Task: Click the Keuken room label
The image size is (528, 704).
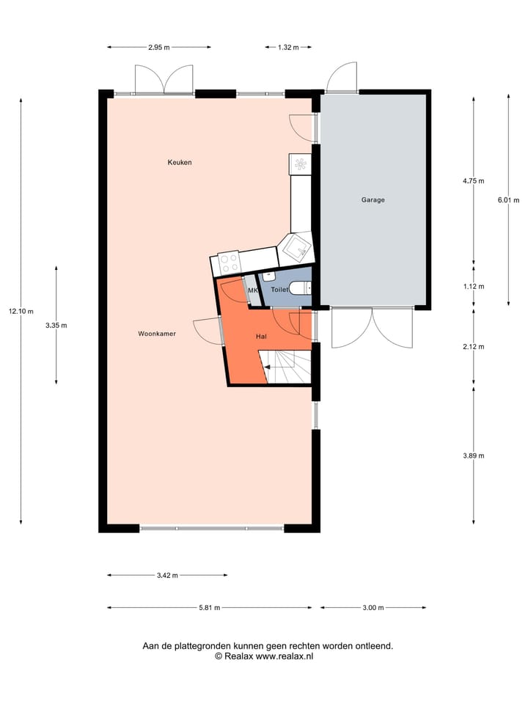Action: [x=180, y=162]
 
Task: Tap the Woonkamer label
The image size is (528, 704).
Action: [x=157, y=333]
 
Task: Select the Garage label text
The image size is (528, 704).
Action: [x=373, y=199]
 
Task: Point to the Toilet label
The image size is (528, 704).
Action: [x=279, y=290]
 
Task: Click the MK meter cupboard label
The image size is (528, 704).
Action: [x=253, y=291]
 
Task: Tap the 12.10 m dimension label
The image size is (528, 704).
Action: [x=21, y=311]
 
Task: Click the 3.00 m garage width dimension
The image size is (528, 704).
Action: [x=373, y=607]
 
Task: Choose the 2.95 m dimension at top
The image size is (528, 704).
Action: [x=158, y=47]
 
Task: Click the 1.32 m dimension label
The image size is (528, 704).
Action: [x=287, y=47]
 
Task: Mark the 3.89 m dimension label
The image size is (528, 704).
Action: [x=473, y=455]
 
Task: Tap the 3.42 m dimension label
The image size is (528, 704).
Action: [x=167, y=576]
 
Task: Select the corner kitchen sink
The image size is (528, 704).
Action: [x=298, y=248]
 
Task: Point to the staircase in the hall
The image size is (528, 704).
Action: [x=288, y=366]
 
